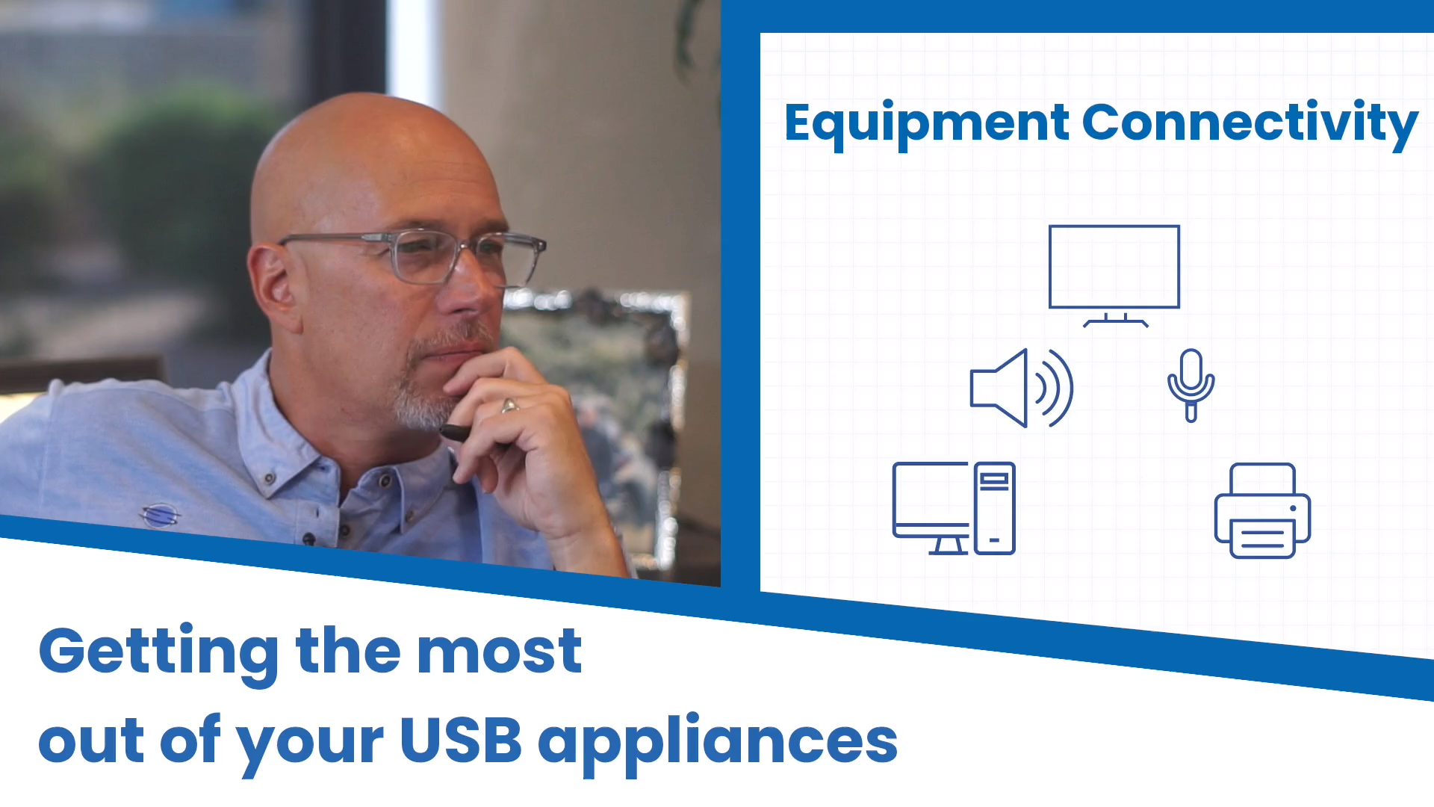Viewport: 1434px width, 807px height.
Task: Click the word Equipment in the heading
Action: [x=927, y=124]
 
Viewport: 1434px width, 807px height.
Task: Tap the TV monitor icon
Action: [x=1114, y=276]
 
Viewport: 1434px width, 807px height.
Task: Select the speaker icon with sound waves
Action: [x=1021, y=388]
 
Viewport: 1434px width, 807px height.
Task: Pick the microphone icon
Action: [x=1191, y=386]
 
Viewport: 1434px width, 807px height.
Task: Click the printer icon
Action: [x=1262, y=510]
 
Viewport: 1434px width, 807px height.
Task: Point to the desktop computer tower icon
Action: [x=995, y=508]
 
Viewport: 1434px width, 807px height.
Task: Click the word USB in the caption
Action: [x=461, y=740]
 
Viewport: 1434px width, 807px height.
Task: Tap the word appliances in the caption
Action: [x=718, y=743]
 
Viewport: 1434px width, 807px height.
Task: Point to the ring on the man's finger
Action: [x=509, y=406]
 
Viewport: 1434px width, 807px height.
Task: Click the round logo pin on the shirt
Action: [x=160, y=515]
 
